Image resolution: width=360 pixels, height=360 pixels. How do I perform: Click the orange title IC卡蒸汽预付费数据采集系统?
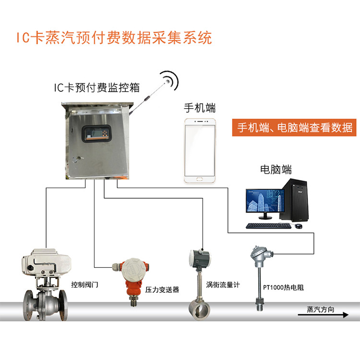click(114, 37)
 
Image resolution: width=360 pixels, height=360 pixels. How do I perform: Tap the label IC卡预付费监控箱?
click(96, 87)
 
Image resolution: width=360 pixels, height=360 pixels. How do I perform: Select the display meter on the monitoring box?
click(96, 133)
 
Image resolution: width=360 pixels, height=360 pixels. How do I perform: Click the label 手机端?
click(200, 108)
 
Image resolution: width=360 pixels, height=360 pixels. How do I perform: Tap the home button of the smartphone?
click(200, 179)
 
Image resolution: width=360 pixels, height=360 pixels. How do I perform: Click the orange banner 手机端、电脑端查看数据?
click(294, 127)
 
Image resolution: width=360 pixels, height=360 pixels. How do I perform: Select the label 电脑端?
click(276, 169)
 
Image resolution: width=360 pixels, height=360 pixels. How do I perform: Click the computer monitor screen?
click(265, 201)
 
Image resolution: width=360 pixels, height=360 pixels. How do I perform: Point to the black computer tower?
click(294, 200)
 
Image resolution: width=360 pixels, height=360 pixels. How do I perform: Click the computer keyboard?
click(268, 226)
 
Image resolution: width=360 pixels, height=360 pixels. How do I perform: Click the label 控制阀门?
click(84, 285)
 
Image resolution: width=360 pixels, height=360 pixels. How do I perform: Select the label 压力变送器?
click(162, 290)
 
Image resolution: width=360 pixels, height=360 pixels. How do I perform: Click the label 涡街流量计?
click(223, 285)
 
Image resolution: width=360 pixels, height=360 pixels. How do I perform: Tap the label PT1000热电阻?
click(283, 288)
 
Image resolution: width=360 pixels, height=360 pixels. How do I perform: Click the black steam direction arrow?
click(323, 315)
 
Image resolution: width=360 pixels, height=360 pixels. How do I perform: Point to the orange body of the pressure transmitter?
click(133, 288)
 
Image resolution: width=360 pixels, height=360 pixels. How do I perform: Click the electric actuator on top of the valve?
click(46, 263)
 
